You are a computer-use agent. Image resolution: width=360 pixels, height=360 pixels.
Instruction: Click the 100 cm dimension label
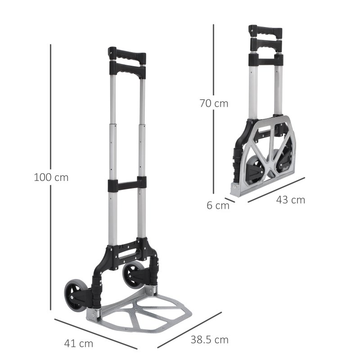pos(51,177)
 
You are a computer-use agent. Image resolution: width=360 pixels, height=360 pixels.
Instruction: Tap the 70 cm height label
pos(214,103)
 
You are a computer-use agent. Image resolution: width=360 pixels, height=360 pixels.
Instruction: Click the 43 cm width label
pos(291,200)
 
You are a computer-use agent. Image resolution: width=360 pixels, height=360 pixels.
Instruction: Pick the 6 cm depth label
pos(218,206)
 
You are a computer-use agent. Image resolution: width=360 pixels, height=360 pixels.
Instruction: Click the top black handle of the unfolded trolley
pos(127,58)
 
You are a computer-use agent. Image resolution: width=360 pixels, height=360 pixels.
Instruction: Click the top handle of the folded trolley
pos(265,32)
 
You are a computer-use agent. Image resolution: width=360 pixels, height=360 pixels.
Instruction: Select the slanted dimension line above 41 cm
pos(95,333)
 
